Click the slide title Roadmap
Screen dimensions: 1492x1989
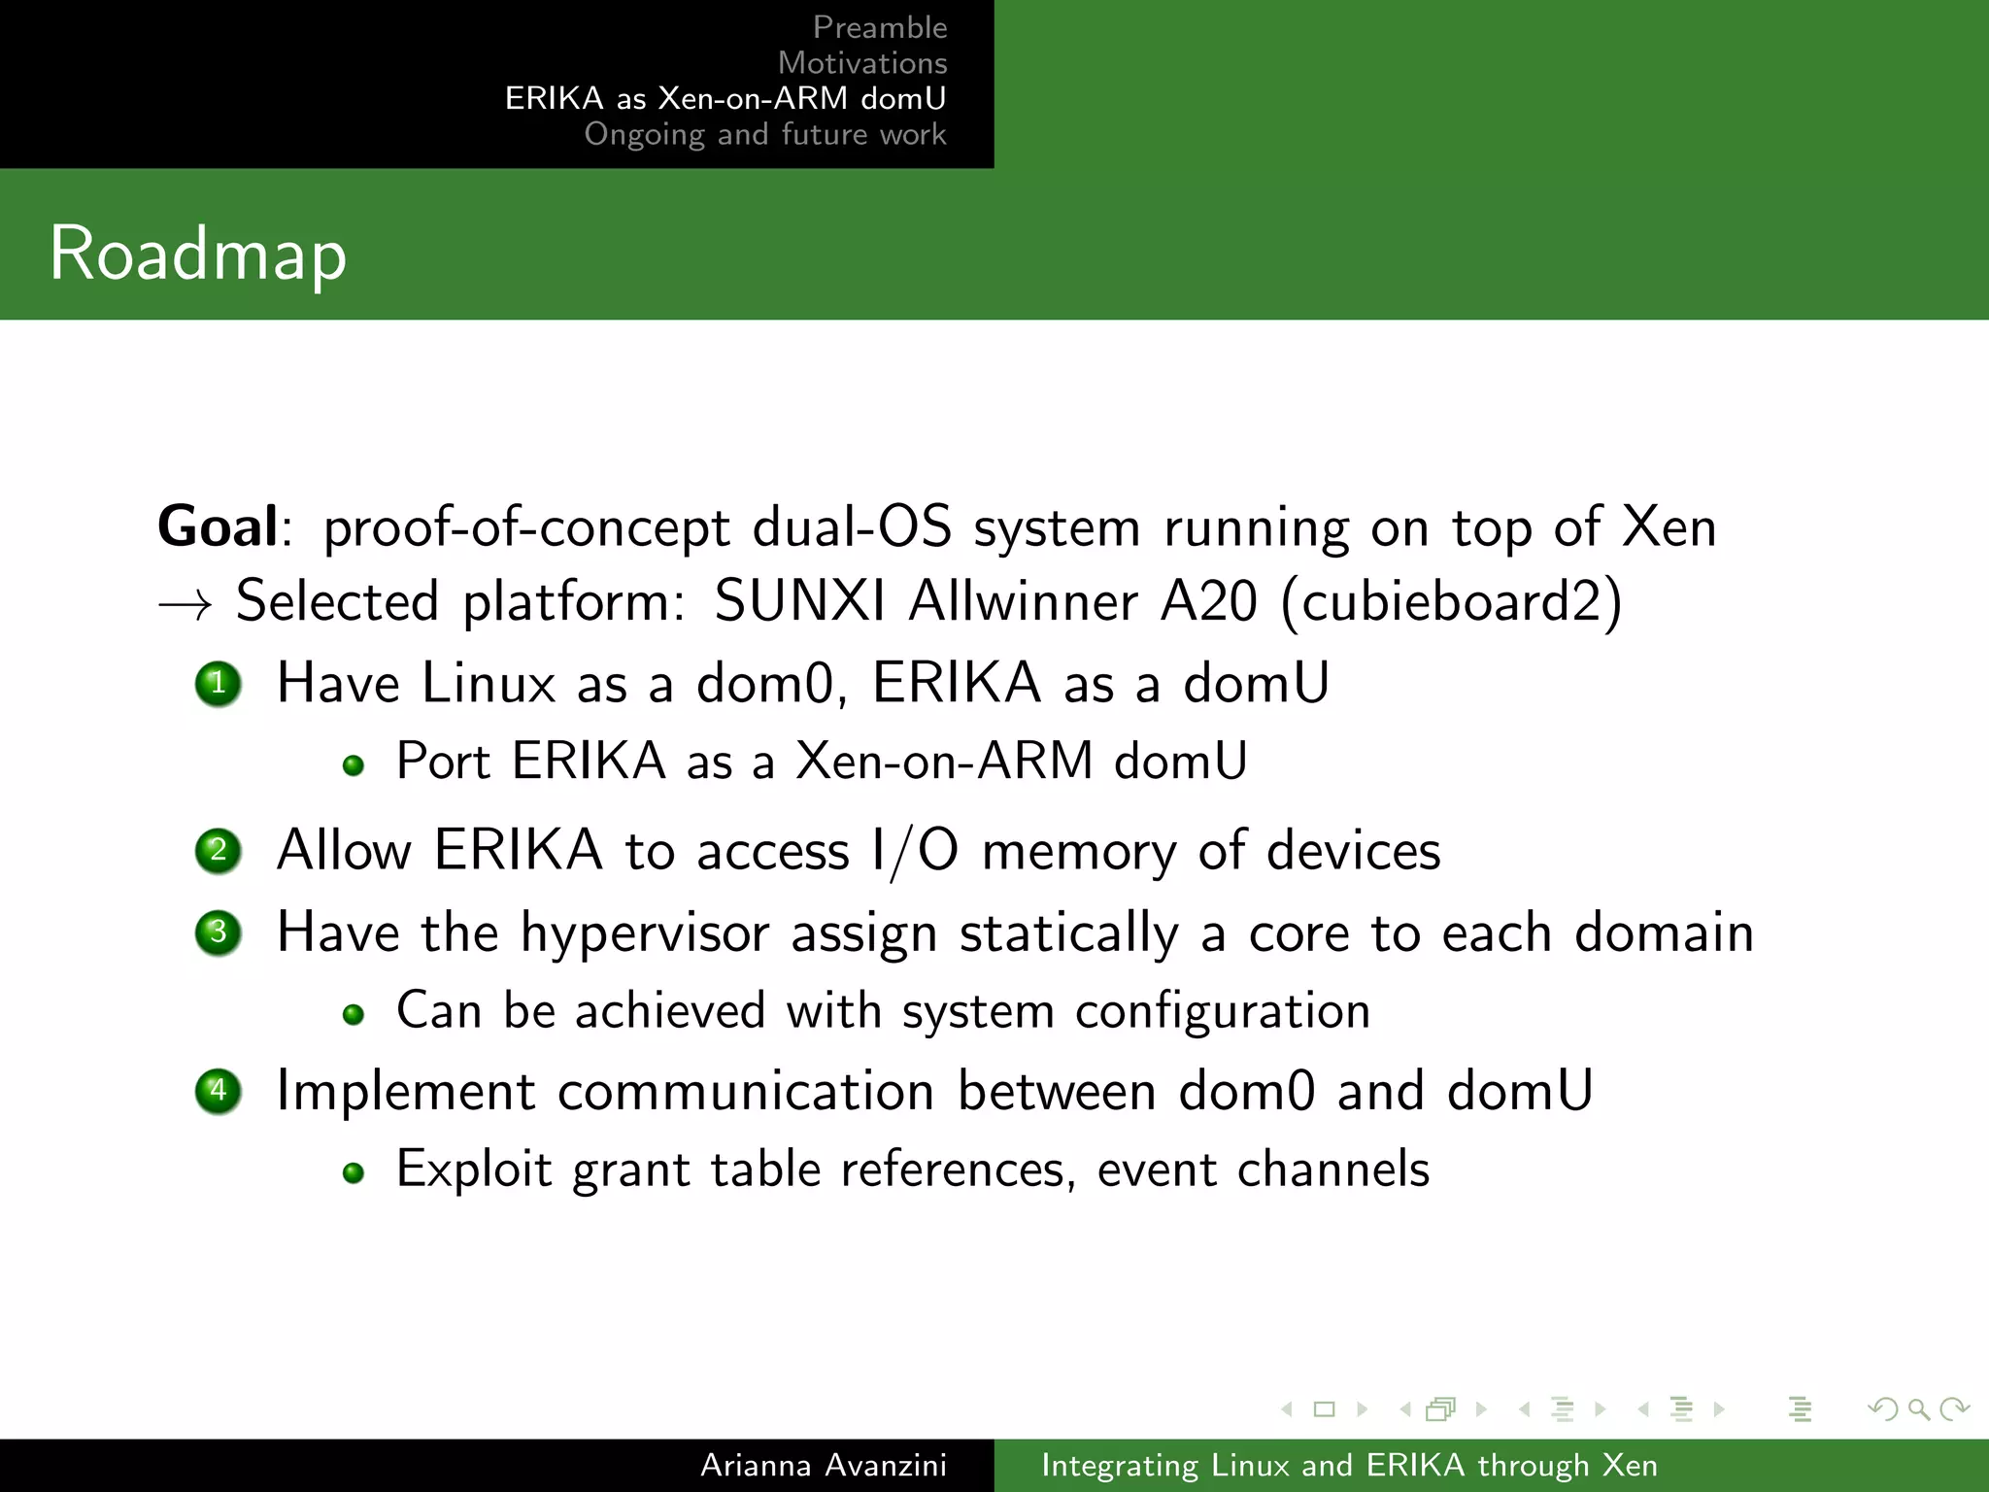tap(197, 254)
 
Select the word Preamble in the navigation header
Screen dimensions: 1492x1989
tap(879, 27)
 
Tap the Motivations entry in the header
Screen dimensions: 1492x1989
tap(861, 63)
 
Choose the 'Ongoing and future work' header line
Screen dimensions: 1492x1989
tap(764, 134)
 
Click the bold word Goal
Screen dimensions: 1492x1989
tap(219, 527)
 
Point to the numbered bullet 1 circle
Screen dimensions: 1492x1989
tap(219, 684)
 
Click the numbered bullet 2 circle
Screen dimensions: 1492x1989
tap(219, 851)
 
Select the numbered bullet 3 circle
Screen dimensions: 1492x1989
tap(219, 932)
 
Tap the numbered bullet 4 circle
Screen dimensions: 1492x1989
tap(219, 1091)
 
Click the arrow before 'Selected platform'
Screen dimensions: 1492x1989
tap(185, 605)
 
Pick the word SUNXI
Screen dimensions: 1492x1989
tap(799, 601)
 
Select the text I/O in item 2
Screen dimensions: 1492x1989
tap(915, 852)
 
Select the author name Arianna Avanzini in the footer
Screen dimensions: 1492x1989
tap(823, 1465)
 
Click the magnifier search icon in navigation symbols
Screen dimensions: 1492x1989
tap(1918, 1408)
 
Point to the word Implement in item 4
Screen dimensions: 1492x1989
tap(406, 1092)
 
